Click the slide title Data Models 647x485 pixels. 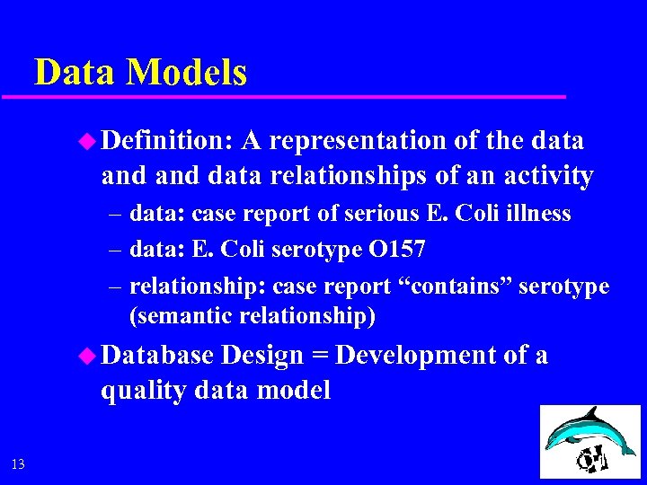140,72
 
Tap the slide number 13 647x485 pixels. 18,464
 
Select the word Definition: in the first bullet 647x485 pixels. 167,141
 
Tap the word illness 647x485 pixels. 537,214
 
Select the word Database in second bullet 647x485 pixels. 158,356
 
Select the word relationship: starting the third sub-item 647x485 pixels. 198,287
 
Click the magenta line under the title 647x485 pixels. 297,96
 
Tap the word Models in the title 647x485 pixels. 187,72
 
